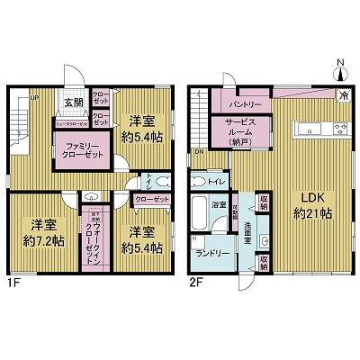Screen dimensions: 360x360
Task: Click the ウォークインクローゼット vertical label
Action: pos(100,238)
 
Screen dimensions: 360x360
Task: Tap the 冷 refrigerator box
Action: pos(344,94)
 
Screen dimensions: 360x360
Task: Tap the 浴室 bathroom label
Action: pos(218,204)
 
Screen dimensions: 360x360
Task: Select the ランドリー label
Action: pos(211,254)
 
